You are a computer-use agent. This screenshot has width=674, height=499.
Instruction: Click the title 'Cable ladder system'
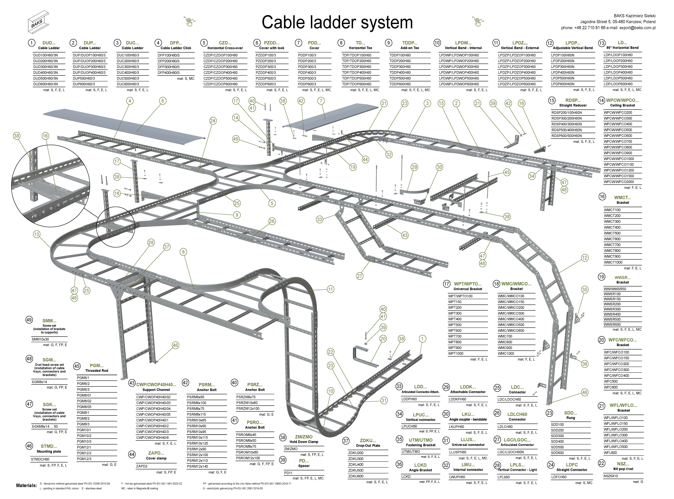[x=337, y=22]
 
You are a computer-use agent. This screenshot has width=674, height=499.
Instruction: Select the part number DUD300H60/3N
[x=45, y=67]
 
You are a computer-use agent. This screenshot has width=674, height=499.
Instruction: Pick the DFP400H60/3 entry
[x=168, y=73]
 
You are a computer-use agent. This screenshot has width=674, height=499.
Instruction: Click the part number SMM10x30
[x=40, y=339]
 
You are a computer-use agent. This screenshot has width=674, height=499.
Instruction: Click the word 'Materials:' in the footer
[x=27, y=485]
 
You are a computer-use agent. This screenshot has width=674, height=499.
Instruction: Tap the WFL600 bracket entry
[x=611, y=452]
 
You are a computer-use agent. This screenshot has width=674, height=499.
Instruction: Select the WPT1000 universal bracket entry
[x=455, y=353]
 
